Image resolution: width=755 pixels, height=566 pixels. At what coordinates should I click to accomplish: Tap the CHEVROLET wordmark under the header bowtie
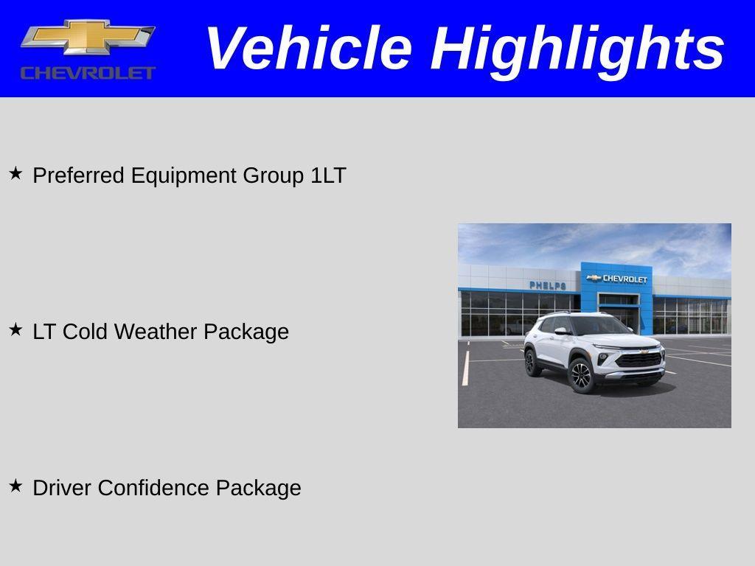88,72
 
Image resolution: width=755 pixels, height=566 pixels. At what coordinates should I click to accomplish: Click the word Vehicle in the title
307,49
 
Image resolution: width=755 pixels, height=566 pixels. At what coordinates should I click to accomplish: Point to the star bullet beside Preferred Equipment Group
15,174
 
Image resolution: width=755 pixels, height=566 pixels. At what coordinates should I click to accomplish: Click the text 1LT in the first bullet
328,175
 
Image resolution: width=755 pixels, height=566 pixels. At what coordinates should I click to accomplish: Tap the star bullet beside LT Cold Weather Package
15,330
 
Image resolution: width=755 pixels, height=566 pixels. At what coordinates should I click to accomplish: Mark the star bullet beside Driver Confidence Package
15,486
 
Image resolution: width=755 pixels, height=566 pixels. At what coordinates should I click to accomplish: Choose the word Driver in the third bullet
63,488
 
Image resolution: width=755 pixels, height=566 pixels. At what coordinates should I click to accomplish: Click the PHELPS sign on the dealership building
548,285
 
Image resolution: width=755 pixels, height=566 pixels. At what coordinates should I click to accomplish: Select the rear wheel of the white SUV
530,363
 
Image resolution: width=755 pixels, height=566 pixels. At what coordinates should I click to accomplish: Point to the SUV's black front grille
638,360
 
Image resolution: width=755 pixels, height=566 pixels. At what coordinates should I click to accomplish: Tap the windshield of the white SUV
599,326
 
